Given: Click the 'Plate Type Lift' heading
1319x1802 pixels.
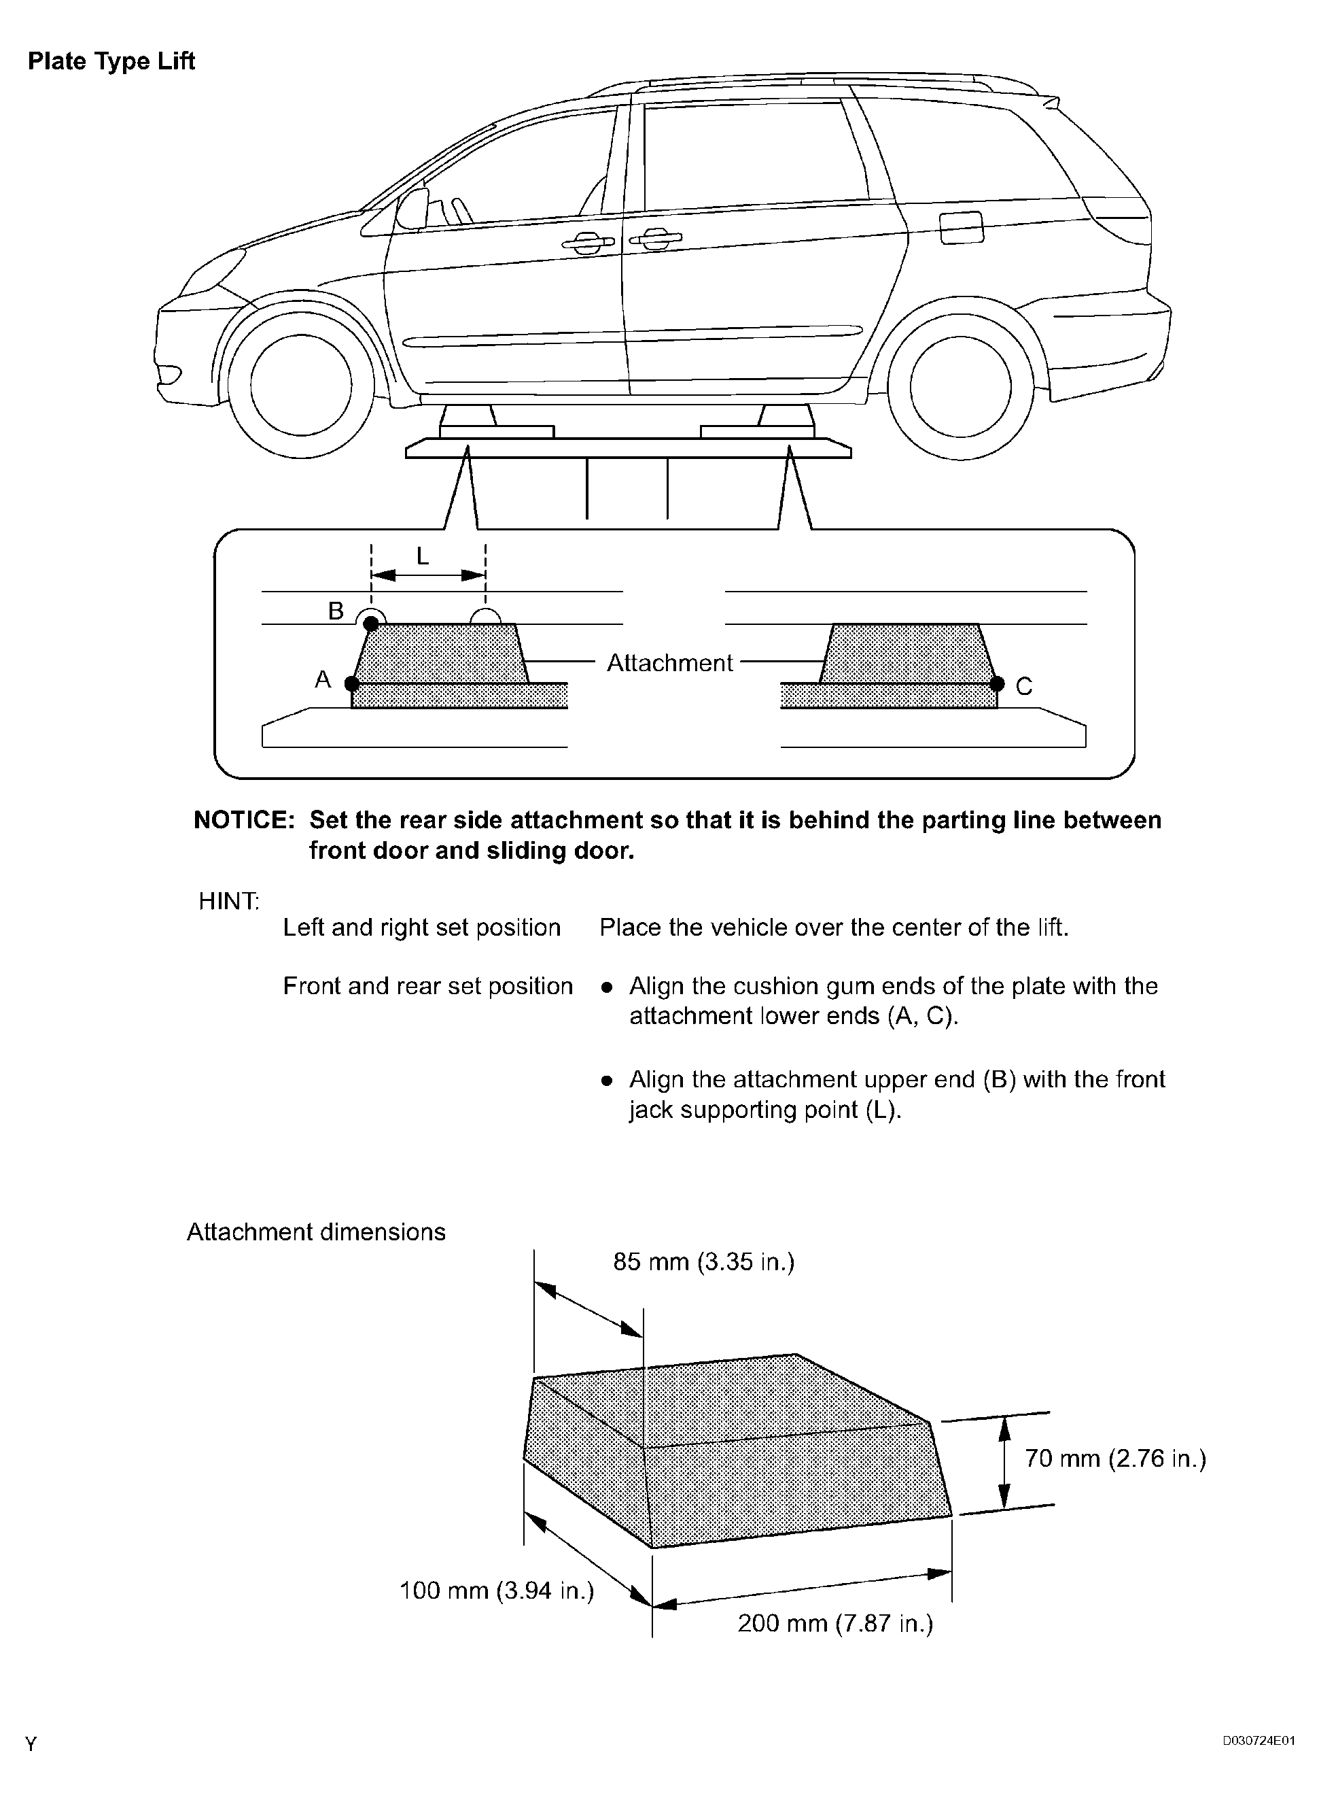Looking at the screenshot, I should point(111,61).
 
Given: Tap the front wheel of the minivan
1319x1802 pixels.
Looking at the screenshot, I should point(300,385).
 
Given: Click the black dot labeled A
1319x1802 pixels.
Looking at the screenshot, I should point(351,683).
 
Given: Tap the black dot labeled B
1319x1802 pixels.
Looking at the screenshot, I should point(371,623).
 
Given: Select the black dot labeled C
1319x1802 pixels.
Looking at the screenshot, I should point(996,683).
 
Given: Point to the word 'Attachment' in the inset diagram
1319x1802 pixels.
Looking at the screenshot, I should point(669,663).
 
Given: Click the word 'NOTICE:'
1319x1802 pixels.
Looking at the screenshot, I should point(245,820).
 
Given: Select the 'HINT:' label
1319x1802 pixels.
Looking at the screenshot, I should point(228,901).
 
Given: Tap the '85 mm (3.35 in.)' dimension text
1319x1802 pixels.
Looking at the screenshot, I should point(703,1262).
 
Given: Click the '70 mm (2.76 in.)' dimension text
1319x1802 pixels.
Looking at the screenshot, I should point(1114,1459).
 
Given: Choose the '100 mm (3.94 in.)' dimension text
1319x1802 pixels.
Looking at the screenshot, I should point(497,1591).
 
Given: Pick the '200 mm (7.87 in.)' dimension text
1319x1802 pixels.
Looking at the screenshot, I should point(835,1623).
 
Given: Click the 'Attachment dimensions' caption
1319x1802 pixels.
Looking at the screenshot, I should point(316,1231).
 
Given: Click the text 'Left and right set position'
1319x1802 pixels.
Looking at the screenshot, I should point(421,928).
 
